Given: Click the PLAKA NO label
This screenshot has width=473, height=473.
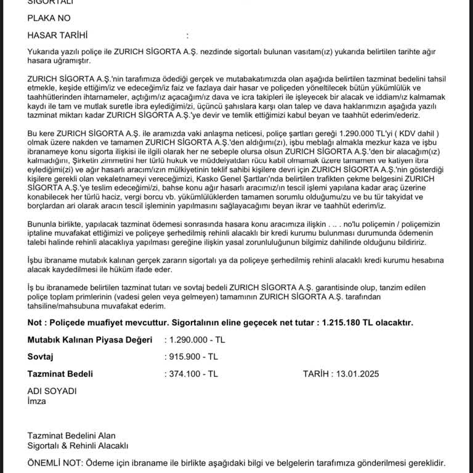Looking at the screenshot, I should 49,18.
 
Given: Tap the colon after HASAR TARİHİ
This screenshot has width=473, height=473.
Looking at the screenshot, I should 187,36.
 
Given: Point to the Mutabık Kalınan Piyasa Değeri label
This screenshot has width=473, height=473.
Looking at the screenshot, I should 89,339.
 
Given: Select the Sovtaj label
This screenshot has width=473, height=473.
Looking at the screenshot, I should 41,356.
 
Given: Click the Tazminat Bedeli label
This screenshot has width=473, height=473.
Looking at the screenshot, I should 60,373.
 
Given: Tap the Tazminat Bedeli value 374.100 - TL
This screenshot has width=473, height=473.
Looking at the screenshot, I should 192,373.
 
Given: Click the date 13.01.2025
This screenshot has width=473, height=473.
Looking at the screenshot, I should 357,373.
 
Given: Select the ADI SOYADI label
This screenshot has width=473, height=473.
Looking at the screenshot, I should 52,391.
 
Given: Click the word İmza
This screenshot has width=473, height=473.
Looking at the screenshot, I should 37,401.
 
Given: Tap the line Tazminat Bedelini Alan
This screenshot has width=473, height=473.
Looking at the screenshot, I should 71,436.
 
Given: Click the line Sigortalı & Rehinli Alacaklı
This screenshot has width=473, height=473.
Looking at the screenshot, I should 78,446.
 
